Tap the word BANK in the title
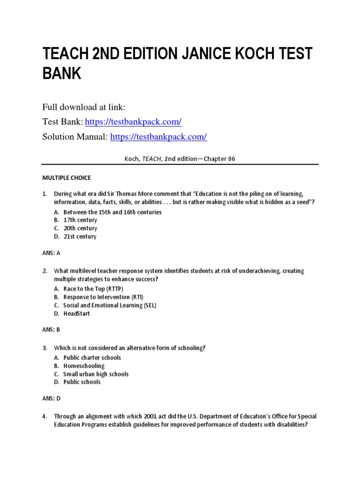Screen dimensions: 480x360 [62, 73]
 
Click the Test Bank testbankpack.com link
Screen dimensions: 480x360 [133, 122]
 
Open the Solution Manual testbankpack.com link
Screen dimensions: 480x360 [158, 137]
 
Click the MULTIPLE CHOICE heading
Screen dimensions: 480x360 [67, 178]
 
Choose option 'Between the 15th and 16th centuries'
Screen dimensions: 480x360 [112, 212]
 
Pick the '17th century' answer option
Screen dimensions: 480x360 [80, 220]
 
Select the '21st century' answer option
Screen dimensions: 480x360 [80, 237]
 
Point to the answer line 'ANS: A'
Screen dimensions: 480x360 [51, 253]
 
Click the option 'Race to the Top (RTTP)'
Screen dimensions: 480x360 [93, 289]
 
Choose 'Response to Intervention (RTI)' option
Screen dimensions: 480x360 [104, 297]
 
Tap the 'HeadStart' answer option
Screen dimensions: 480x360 [77, 314]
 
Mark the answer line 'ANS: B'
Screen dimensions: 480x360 [51, 330]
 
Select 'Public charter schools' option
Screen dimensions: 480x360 [92, 358]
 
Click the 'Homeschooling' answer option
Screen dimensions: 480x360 [84, 366]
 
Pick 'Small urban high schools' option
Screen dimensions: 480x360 [96, 374]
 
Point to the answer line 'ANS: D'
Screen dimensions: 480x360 [51, 398]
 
